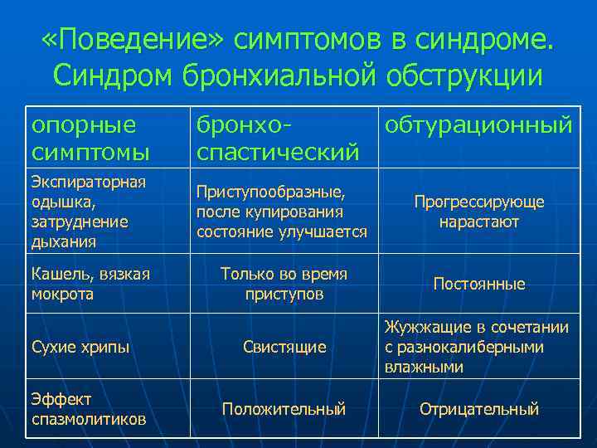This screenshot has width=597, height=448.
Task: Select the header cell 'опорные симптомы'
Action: [91, 139]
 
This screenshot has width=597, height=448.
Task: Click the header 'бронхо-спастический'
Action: [278, 139]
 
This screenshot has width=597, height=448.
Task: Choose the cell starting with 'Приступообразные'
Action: [281, 212]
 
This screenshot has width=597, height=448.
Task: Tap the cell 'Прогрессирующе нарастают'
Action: [479, 212]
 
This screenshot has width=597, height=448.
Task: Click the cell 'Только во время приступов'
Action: [284, 284]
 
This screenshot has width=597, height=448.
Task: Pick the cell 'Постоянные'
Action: [479, 284]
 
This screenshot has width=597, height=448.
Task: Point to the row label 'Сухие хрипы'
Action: [80, 347]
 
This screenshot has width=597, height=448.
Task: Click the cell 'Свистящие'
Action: [284, 347]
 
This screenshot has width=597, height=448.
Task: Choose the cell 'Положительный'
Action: [284, 409]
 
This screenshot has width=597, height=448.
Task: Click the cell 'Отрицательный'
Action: [479, 409]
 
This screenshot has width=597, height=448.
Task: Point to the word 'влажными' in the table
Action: [424, 367]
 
